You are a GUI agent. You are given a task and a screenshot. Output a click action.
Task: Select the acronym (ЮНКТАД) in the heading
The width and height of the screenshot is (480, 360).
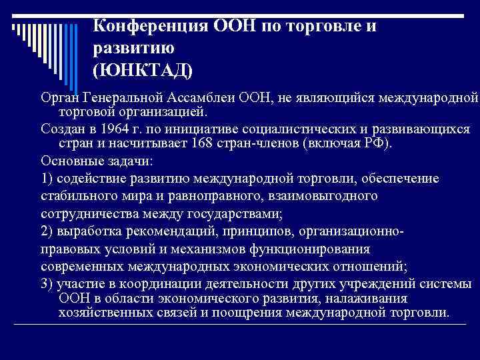coord(143,69)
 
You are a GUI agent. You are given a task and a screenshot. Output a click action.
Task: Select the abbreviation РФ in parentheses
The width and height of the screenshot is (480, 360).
coord(383,144)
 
